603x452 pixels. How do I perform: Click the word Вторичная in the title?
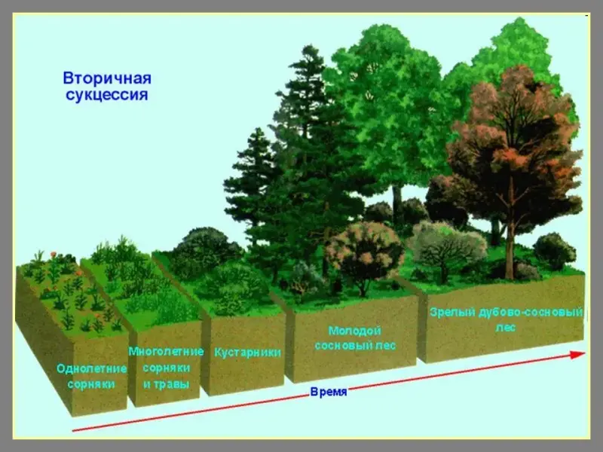click(x=107, y=78)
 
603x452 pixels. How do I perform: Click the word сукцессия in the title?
click(x=107, y=95)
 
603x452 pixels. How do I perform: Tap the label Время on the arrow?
click(x=329, y=392)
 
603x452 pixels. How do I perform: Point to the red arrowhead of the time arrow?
click(x=577, y=354)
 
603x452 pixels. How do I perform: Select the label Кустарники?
click(x=248, y=353)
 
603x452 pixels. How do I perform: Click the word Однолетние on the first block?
click(x=91, y=368)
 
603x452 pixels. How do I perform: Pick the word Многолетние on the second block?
click(x=166, y=351)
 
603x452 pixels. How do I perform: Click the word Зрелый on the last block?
click(x=452, y=313)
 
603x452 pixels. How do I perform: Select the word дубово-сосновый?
click(x=531, y=312)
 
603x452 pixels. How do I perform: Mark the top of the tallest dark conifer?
click(x=308, y=47)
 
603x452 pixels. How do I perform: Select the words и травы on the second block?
click(x=166, y=384)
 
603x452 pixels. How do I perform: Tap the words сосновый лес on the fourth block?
click(x=355, y=346)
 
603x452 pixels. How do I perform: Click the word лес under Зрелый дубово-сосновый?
click(x=505, y=328)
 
